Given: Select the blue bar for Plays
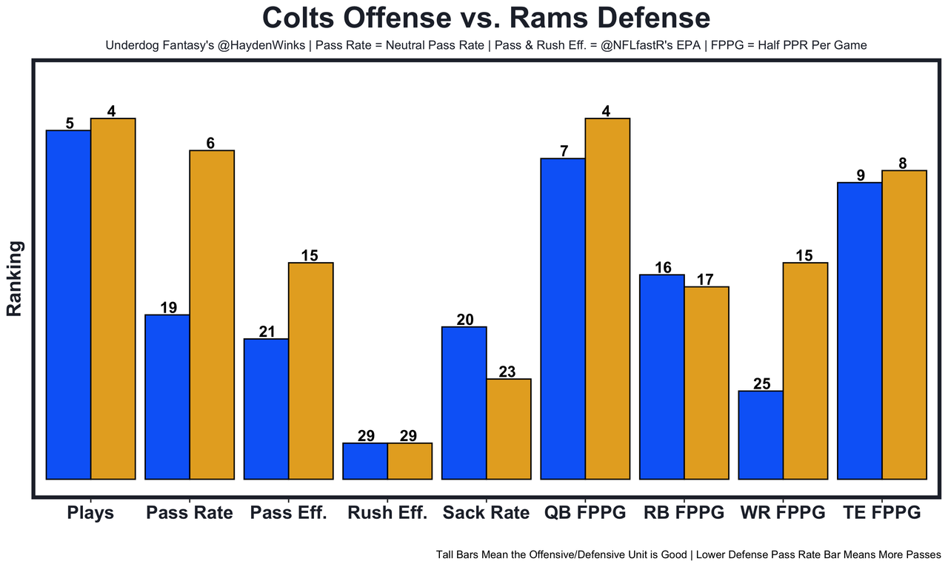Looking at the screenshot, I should tap(68, 304).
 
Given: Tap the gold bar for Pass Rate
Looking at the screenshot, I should tap(212, 315).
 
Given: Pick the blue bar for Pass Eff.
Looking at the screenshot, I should tap(267, 409).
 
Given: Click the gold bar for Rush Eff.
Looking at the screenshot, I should tap(410, 461).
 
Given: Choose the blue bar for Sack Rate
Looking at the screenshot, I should tap(464, 403).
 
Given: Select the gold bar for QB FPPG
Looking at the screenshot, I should tap(607, 298).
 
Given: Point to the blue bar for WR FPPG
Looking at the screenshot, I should tap(761, 435).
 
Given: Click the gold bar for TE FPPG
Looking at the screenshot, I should tap(904, 324).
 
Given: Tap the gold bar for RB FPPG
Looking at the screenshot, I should tap(707, 383).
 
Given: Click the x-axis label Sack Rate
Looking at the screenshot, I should tap(486, 513).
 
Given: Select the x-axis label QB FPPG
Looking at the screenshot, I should tap(585, 513).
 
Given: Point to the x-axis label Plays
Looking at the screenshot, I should tap(90, 513).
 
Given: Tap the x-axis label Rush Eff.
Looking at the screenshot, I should tap(387, 513).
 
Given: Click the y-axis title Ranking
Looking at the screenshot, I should tap(14, 278).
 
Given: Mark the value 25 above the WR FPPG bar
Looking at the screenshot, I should tap(762, 383).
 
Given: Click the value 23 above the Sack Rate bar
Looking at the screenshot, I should tap(507, 372).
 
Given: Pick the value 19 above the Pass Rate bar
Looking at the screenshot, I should tap(168, 308).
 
